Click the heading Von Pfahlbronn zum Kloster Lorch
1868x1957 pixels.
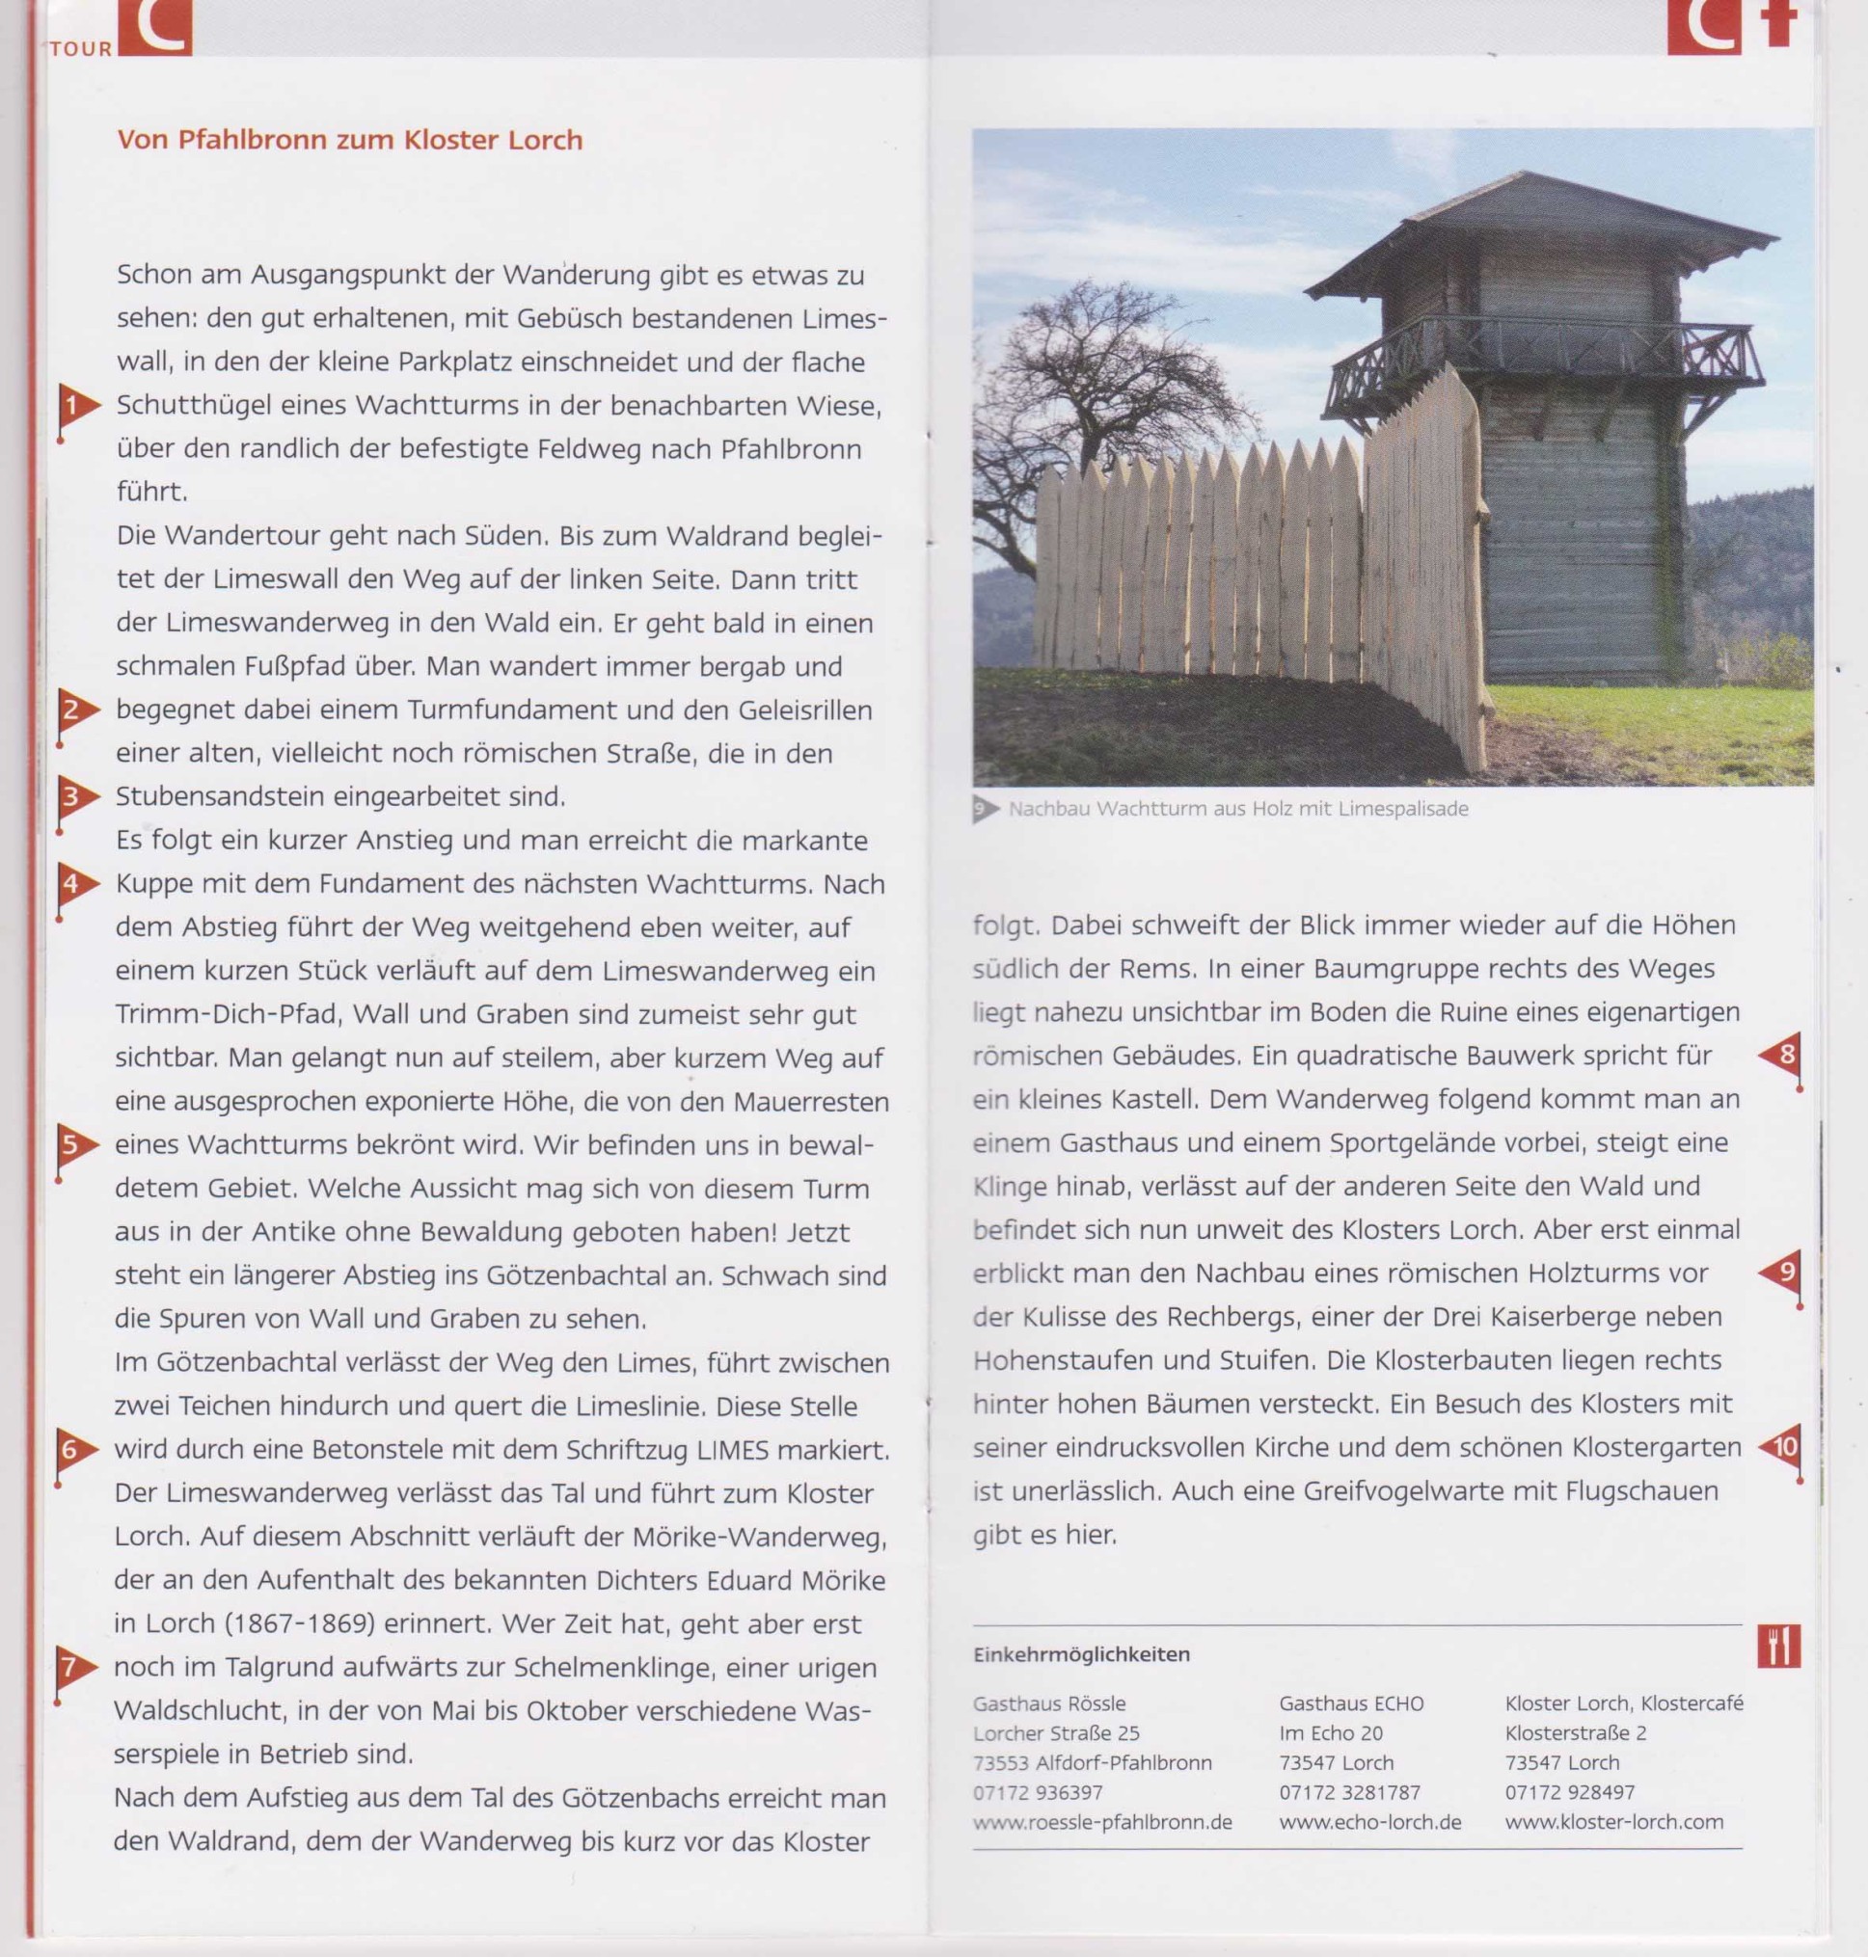(349, 140)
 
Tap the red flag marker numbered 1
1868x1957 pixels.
(74, 406)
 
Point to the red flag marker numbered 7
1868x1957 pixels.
(71, 1668)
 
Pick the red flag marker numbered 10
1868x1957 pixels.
(1781, 1446)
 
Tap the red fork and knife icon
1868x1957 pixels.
(1779, 1648)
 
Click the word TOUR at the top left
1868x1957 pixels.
(81, 49)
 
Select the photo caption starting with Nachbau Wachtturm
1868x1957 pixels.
(1237, 809)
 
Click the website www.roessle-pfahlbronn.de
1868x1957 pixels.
(1102, 1823)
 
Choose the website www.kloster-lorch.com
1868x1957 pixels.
(1613, 1823)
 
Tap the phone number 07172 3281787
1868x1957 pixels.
(1349, 1793)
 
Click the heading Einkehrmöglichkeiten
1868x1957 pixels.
(1081, 1654)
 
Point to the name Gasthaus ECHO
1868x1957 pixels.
(1351, 1704)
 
